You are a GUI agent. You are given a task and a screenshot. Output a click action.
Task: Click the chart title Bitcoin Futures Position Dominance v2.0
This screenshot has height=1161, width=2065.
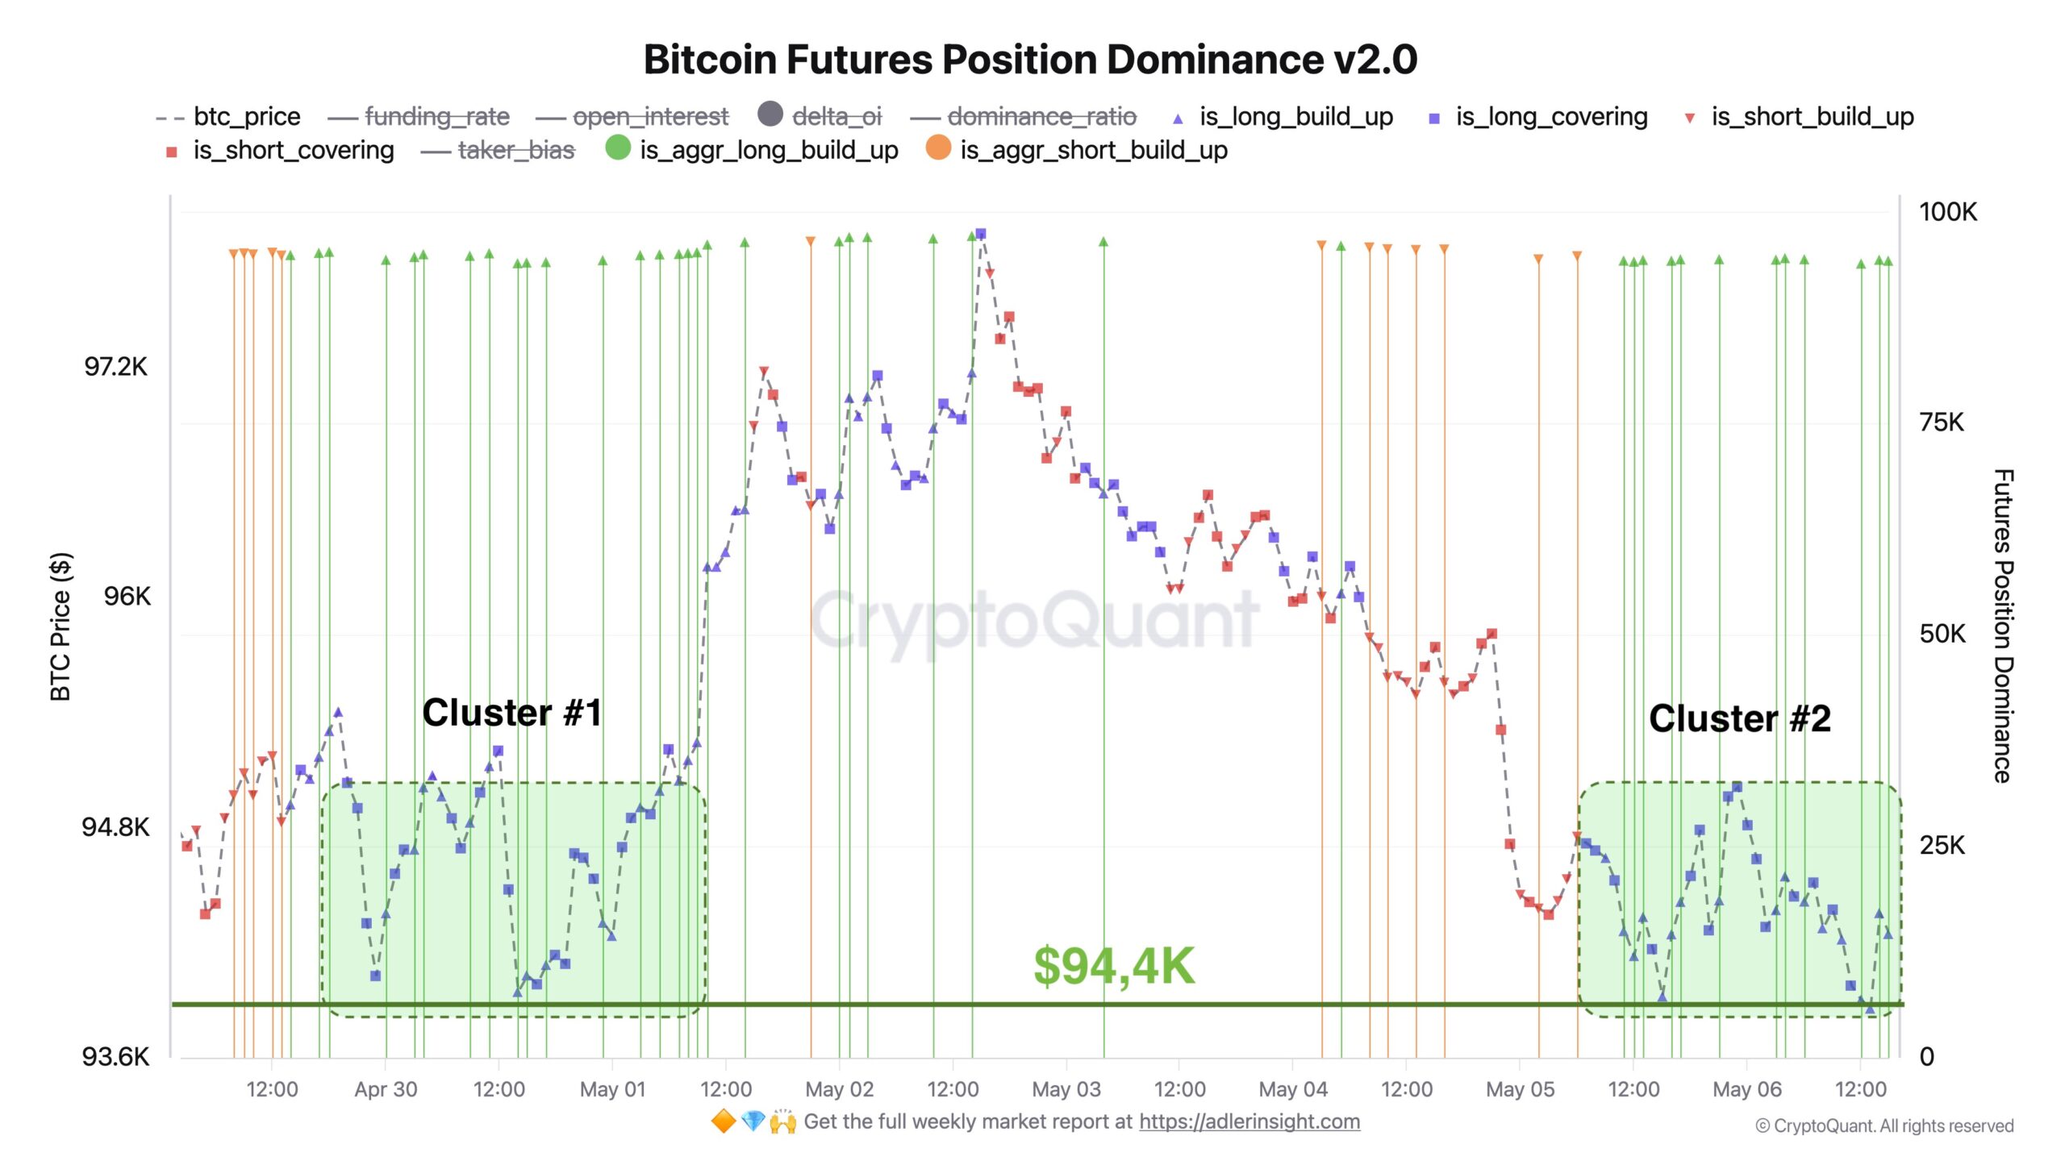point(1030,60)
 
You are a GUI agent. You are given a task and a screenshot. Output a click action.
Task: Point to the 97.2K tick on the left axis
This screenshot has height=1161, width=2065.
point(116,367)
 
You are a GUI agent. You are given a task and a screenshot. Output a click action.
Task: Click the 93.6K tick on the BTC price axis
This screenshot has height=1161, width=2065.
point(116,1056)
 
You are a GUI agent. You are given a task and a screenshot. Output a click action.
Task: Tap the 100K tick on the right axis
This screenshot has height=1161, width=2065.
point(1947,212)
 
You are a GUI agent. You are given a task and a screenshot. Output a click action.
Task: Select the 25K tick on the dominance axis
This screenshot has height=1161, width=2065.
point(1942,845)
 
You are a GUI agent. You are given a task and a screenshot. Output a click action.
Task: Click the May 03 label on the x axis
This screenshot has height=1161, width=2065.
point(1066,1089)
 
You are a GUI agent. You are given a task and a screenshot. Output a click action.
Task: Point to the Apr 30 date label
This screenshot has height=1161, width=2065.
point(386,1089)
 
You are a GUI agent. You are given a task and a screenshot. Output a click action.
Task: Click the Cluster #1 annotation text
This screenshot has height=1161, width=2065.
point(512,713)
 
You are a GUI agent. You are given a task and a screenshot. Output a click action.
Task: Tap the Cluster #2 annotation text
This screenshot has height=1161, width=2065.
point(1739,718)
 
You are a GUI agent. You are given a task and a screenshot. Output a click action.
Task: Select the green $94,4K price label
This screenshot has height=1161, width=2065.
point(1114,966)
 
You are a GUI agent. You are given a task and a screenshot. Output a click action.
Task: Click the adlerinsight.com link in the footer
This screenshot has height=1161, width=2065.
point(1249,1121)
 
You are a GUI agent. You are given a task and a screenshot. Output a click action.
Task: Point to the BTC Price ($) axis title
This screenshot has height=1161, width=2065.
point(60,626)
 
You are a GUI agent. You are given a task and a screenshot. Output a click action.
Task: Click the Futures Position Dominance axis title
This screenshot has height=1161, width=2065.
point(2004,626)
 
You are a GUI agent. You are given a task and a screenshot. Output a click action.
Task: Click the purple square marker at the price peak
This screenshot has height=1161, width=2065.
point(980,234)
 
